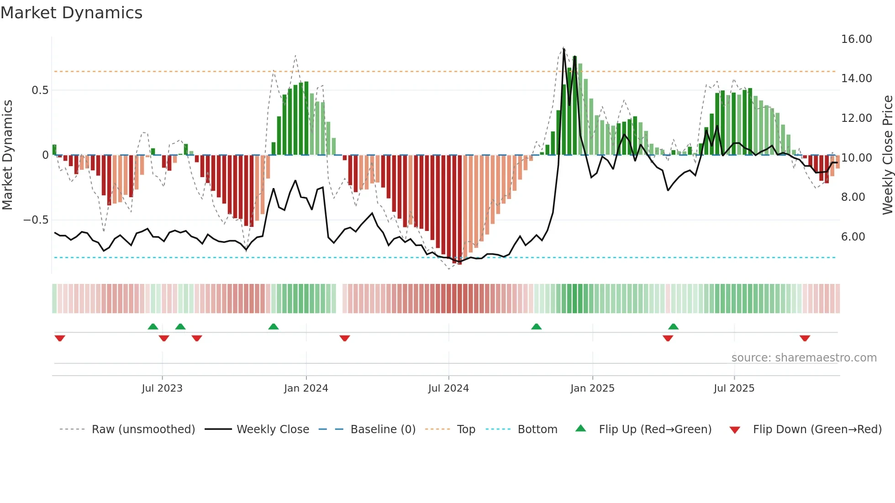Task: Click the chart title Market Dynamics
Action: [x=72, y=13]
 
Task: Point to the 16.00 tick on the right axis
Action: [x=856, y=39]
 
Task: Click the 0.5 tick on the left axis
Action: [x=40, y=90]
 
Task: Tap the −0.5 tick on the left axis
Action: [x=36, y=220]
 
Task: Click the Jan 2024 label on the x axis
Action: [x=306, y=388]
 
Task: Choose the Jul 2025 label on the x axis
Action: [x=734, y=388]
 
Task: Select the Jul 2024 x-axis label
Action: [x=448, y=388]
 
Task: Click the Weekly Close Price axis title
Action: [x=887, y=155]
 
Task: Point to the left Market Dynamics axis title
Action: [x=7, y=155]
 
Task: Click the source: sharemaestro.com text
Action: [x=804, y=358]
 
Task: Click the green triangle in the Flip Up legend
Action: [x=580, y=428]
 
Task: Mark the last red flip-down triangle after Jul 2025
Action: [x=805, y=338]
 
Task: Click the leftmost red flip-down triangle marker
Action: [x=60, y=338]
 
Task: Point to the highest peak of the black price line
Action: [x=564, y=49]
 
